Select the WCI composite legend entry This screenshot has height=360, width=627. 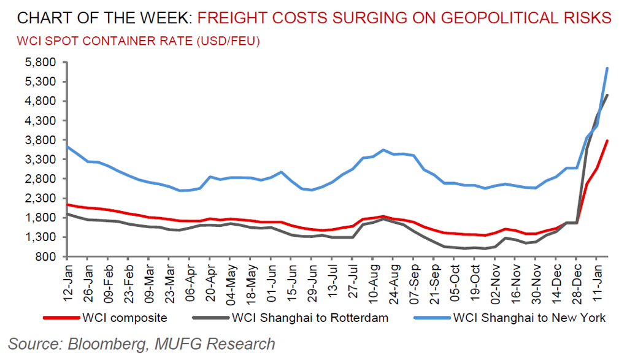coord(123,318)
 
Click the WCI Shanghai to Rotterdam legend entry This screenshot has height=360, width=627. coord(310,318)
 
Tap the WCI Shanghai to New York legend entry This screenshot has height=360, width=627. coord(529,318)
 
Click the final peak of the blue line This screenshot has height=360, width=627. coord(607,68)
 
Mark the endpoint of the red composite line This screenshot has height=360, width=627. coord(607,141)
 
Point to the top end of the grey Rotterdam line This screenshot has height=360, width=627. coord(607,95)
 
